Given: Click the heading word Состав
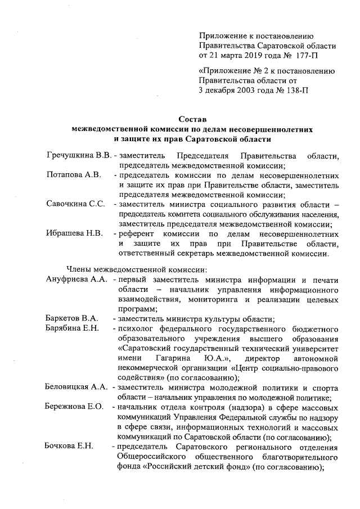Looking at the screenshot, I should pos(192,119).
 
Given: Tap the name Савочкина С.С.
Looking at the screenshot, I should pos(76,204).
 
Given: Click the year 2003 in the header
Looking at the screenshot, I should pos(244,90).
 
